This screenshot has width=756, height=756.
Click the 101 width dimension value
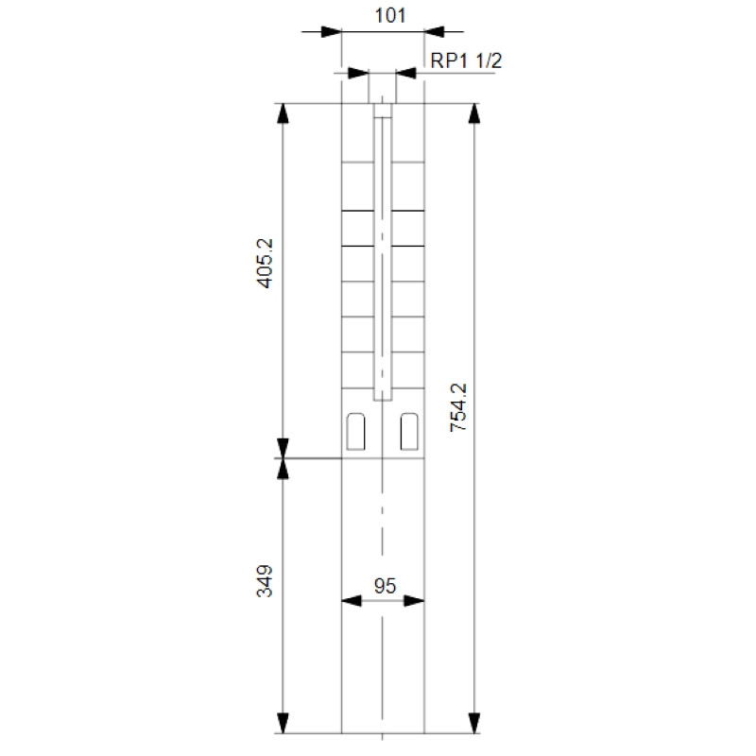390,15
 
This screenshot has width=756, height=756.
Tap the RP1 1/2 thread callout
466,60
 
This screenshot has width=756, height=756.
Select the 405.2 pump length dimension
266,264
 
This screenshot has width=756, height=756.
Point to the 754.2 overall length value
458,407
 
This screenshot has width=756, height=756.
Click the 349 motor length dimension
265,581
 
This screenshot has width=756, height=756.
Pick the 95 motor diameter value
385,586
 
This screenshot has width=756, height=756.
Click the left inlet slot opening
356,432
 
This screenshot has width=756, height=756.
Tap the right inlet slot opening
409,432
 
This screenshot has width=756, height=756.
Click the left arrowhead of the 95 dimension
352,601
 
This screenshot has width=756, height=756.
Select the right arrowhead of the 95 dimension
414,601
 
